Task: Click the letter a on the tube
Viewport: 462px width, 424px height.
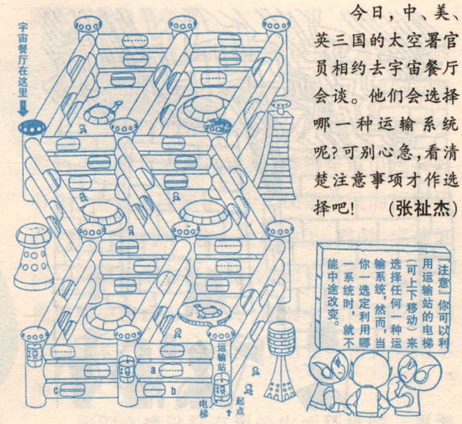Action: pyautogui.click(x=153, y=370)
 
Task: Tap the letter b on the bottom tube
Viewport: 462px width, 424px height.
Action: pyautogui.click(x=174, y=391)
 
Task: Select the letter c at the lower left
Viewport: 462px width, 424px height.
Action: pyautogui.click(x=55, y=391)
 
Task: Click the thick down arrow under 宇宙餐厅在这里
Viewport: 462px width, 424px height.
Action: pyautogui.click(x=23, y=109)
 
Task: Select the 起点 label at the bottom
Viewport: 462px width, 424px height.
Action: pyautogui.click(x=240, y=406)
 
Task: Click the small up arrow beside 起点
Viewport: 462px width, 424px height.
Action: pyautogui.click(x=229, y=413)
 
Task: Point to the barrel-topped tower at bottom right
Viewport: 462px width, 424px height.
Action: pyautogui.click(x=280, y=359)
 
